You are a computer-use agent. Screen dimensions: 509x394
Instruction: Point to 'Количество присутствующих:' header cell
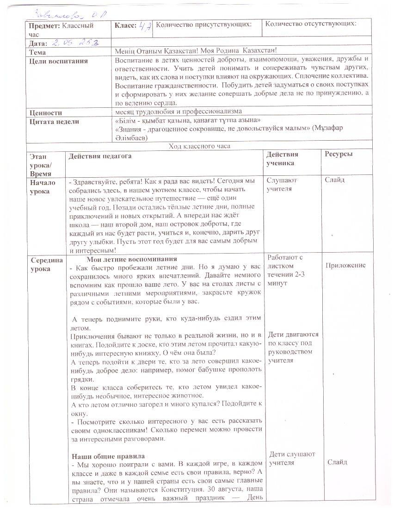coord(204,24)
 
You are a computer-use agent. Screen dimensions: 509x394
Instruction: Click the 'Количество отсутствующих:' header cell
coord(311,24)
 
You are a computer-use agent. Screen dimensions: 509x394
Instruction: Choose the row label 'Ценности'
coord(45,112)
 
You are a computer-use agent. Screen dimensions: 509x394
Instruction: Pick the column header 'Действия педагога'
coord(100,156)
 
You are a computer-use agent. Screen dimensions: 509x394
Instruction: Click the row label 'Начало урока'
coord(43,186)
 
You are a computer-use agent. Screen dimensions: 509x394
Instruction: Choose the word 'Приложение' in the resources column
coord(345,265)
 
